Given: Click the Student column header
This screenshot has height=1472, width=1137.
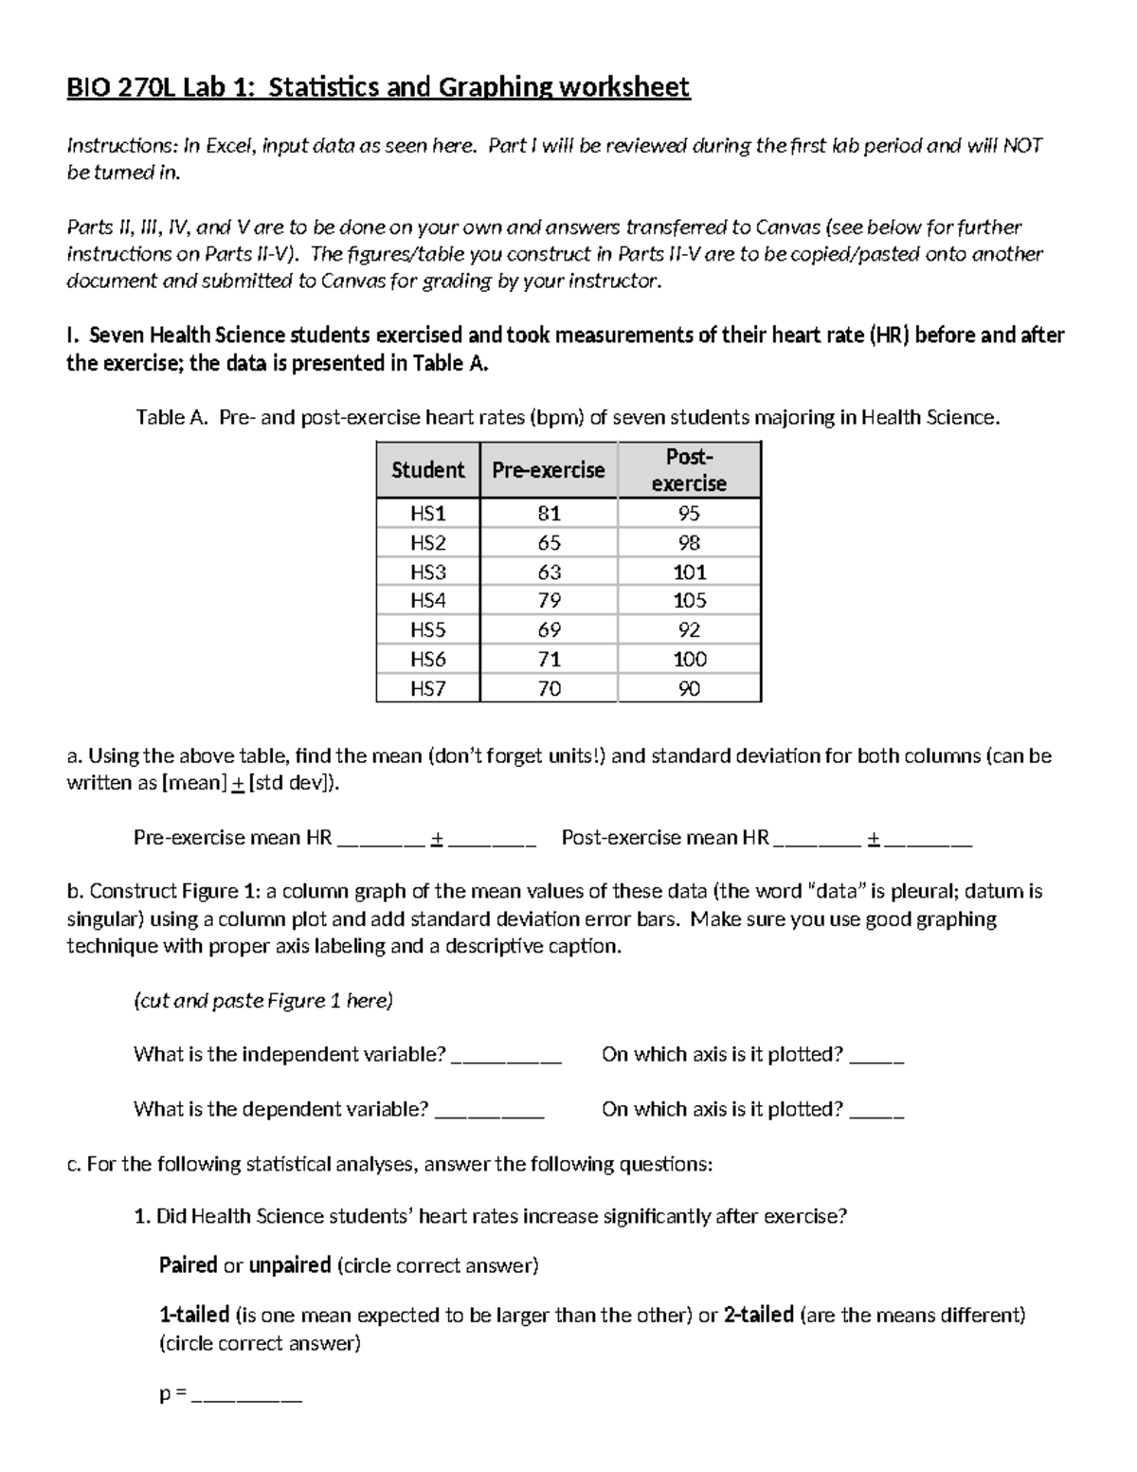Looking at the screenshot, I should pyautogui.click(x=427, y=470).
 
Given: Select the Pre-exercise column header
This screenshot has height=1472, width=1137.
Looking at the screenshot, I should pyautogui.click(x=549, y=470).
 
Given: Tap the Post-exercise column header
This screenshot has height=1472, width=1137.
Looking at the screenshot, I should pyautogui.click(x=689, y=470).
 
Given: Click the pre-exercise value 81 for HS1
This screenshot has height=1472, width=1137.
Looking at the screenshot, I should pyautogui.click(x=549, y=514).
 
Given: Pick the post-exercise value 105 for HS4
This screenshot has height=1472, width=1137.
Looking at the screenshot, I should pyautogui.click(x=689, y=601).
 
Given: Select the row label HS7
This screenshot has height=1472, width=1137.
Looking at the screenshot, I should pyautogui.click(x=427, y=689).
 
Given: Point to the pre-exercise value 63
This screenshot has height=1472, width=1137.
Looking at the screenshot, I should pyautogui.click(x=549, y=572).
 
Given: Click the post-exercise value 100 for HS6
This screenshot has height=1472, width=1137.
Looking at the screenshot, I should pyautogui.click(x=689, y=660).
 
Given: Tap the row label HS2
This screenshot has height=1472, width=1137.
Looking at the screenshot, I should pyautogui.click(x=427, y=543).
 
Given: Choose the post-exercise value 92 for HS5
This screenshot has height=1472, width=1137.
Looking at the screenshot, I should pyautogui.click(x=689, y=630).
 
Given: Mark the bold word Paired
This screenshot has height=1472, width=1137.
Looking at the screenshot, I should pyautogui.click(x=188, y=1265).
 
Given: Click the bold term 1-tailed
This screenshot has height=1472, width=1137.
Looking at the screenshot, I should pyautogui.click(x=194, y=1315).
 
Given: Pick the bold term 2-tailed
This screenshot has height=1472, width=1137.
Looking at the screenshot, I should pyautogui.click(x=758, y=1315).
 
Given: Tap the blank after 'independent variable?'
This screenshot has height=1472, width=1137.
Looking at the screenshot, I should pyautogui.click(x=506, y=1056).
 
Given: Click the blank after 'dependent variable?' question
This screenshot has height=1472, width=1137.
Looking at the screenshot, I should pyautogui.click(x=489, y=1110).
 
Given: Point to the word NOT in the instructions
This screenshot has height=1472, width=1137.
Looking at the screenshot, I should pyautogui.click(x=1022, y=146).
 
